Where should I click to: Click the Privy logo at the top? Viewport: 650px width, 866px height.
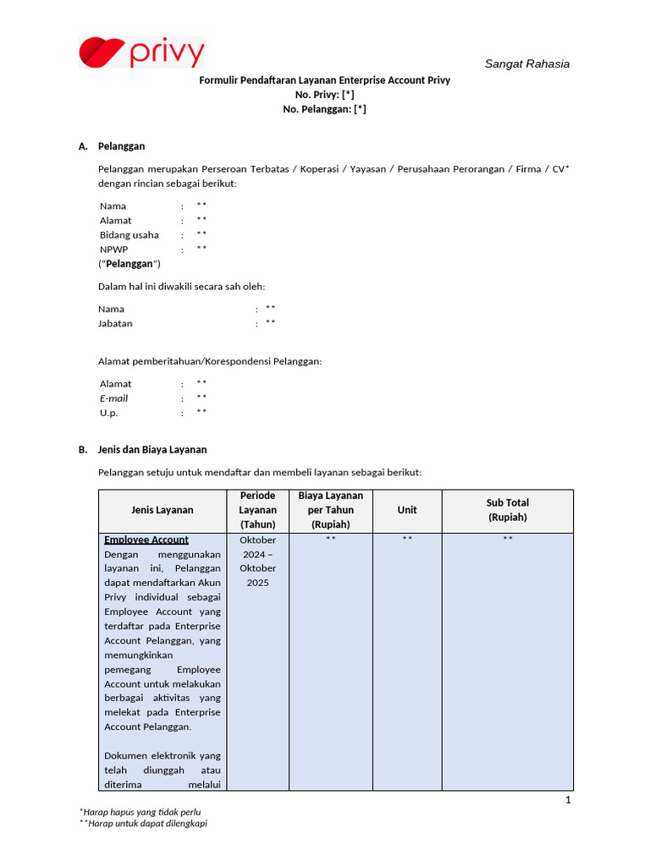point(141,52)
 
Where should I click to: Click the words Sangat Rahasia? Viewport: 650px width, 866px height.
point(526,63)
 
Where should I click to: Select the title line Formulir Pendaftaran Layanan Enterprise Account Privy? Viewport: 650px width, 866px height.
point(324,80)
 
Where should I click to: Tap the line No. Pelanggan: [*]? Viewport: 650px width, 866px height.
point(324,109)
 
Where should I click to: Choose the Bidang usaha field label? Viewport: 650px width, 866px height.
point(129,235)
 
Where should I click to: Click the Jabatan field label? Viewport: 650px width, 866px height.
point(115,323)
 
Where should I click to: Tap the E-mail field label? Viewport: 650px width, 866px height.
point(113,398)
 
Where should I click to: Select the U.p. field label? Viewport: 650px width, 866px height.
point(108,413)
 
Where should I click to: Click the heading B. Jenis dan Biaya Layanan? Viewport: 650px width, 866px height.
point(142,449)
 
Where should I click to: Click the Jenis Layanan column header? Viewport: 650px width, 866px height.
point(162,510)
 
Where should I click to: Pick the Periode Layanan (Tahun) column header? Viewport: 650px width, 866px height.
point(257,510)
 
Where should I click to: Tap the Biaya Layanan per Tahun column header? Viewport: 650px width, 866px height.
point(330,510)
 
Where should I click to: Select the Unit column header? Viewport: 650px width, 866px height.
point(407,510)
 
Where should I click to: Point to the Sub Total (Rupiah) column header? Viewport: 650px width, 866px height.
point(507,510)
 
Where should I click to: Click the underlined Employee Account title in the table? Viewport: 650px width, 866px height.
point(146,540)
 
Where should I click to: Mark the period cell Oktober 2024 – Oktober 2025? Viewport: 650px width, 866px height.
point(257,561)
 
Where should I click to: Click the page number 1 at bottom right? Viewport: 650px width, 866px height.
point(569,800)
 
